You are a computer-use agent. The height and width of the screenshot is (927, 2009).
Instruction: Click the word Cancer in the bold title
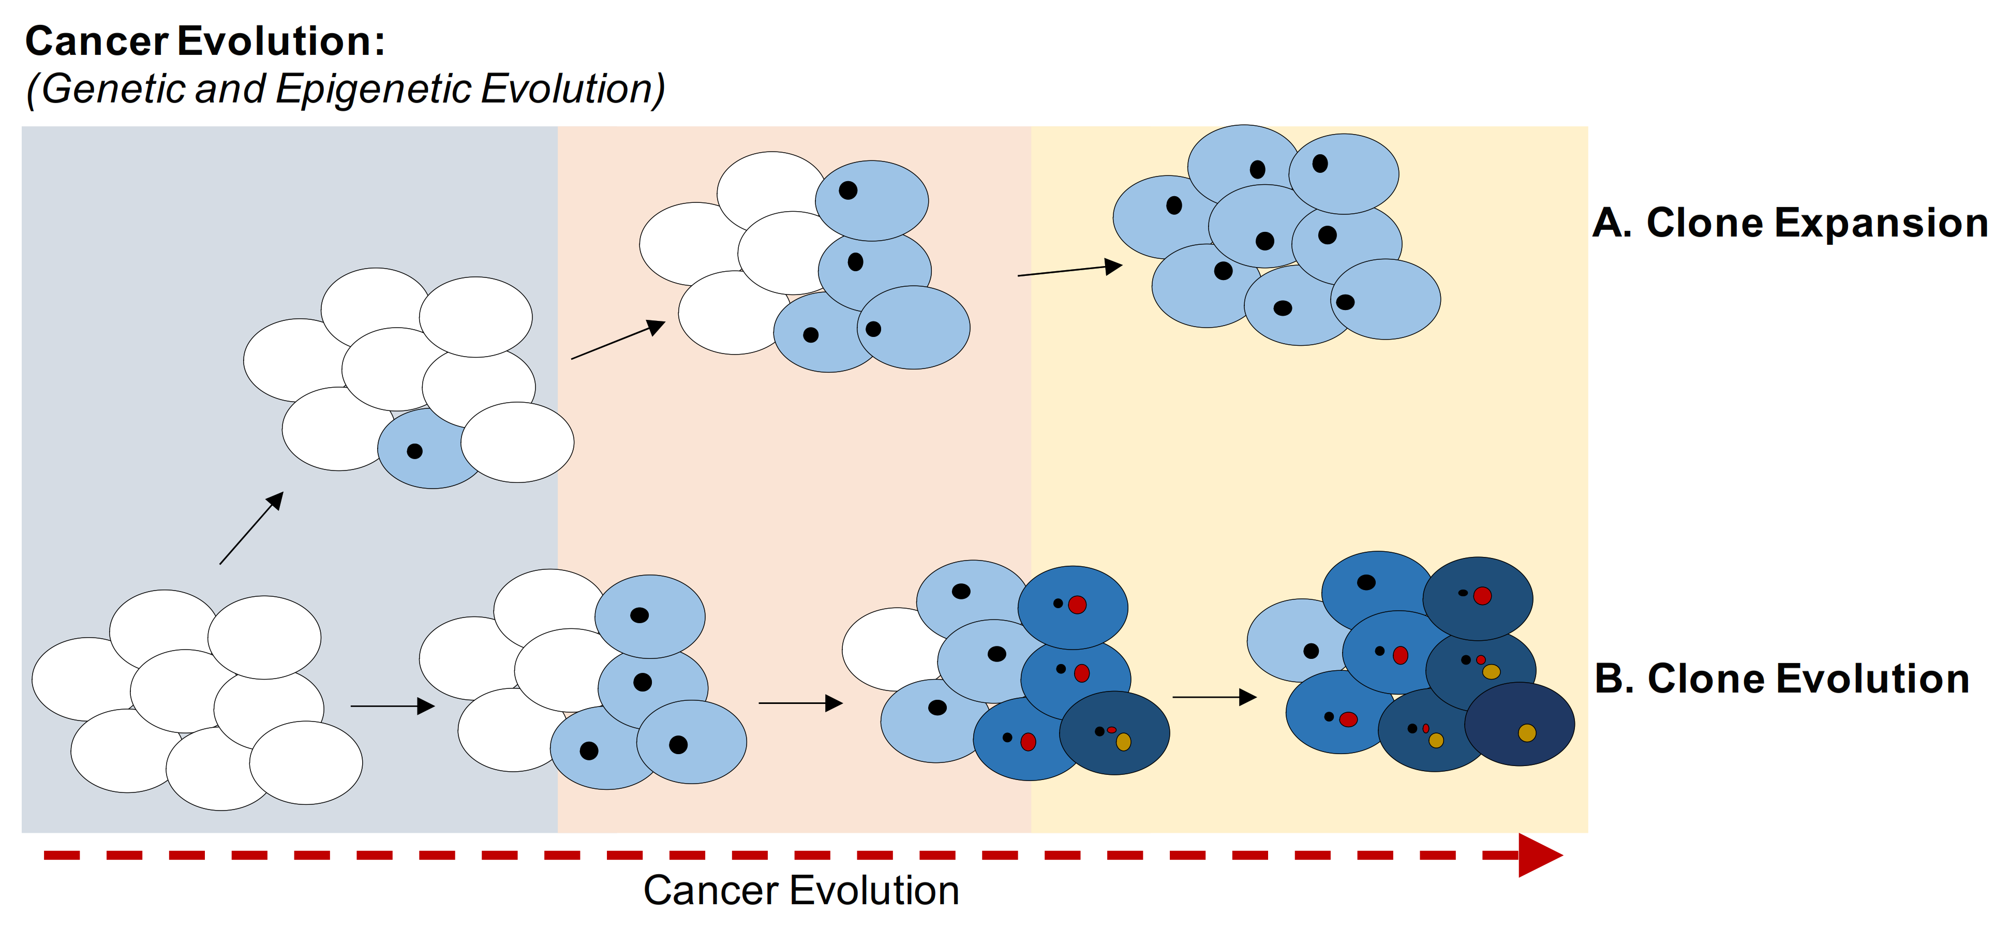97,41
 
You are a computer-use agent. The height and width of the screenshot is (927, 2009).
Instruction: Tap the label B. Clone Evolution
1782,679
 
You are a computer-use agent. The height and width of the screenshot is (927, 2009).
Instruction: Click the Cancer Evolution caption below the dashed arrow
801,890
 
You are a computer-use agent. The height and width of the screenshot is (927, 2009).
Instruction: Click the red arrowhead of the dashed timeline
1538,855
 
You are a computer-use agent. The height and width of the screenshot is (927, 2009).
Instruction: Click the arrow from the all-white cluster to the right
392,706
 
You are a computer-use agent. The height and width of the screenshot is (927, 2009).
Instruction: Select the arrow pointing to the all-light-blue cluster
1069,270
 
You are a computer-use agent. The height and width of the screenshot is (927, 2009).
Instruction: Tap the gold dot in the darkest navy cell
1527,733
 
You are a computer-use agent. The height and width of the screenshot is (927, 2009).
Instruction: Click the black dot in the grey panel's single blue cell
415,451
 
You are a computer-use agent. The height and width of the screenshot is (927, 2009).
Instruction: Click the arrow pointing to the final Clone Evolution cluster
1214,697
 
